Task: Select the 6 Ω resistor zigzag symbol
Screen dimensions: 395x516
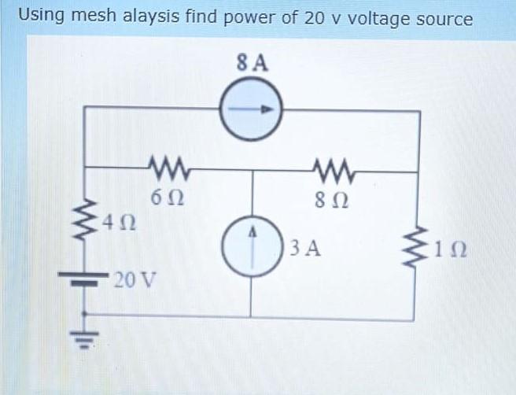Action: click(x=165, y=168)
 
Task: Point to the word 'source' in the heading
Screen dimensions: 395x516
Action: click(x=444, y=17)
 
